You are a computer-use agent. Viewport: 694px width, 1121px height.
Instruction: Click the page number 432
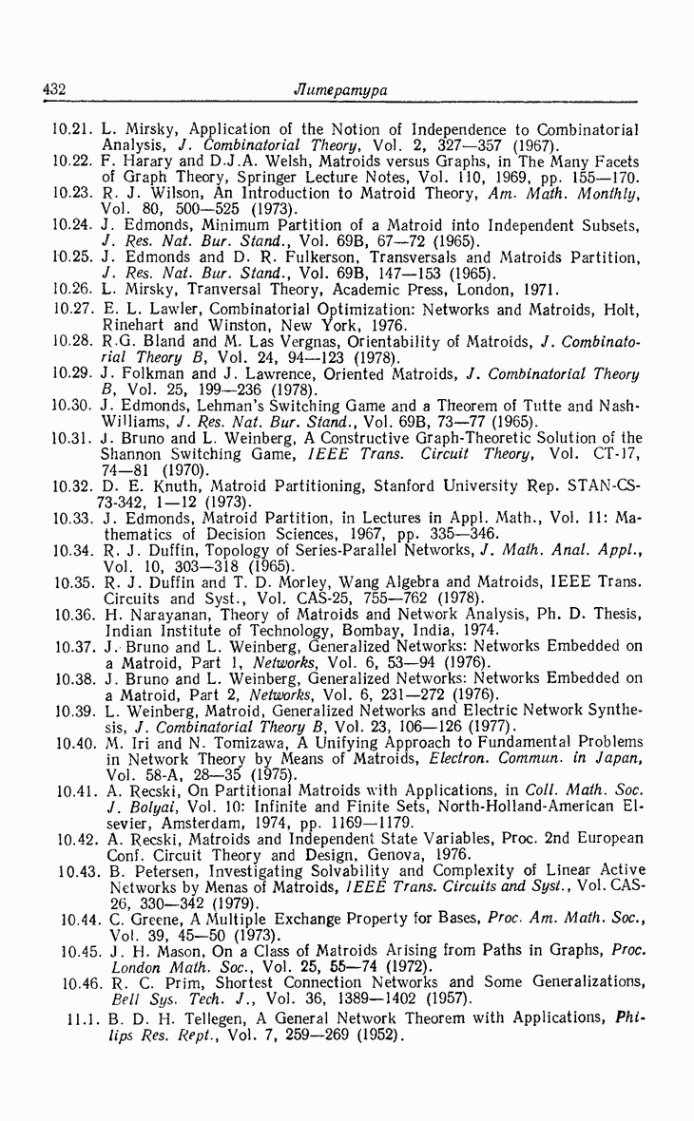point(52,90)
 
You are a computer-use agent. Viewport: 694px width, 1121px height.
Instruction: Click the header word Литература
point(346,90)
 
